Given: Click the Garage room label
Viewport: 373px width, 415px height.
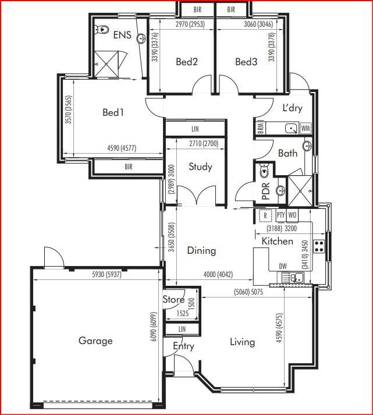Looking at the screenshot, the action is pyautogui.click(x=95, y=340).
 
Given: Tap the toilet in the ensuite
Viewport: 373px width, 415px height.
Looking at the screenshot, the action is pyautogui.click(x=101, y=29).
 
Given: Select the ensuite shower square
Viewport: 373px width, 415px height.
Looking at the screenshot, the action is pyautogui.click(x=106, y=64).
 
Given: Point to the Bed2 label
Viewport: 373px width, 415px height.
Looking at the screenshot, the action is pyautogui.click(x=187, y=62).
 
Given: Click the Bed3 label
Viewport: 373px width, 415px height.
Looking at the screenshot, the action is pyautogui.click(x=246, y=62).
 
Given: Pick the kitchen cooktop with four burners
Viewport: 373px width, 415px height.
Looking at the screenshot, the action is pyautogui.click(x=319, y=246).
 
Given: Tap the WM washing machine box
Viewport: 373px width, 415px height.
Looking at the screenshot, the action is pyautogui.click(x=305, y=129).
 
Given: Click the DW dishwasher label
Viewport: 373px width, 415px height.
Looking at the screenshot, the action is pyautogui.click(x=283, y=266).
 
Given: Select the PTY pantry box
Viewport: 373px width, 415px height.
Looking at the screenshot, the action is pyautogui.click(x=280, y=215).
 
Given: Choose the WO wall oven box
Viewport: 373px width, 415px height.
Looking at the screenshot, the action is pyautogui.click(x=292, y=215).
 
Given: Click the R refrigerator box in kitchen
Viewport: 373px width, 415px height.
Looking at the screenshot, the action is pyautogui.click(x=265, y=216).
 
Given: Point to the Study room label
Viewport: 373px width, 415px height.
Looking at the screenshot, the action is pyautogui.click(x=200, y=166).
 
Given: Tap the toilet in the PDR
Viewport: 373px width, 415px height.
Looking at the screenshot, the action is pyautogui.click(x=264, y=171).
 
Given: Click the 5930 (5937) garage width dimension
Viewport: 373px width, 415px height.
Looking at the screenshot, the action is pyautogui.click(x=106, y=275).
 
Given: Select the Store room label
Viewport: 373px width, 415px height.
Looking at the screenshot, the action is pyautogui.click(x=173, y=299).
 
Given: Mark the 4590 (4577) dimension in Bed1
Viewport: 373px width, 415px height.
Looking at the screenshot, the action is pyautogui.click(x=122, y=148).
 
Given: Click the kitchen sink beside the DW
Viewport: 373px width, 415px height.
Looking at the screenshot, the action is pyautogui.click(x=297, y=278).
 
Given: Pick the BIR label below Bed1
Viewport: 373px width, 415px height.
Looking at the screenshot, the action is pyautogui.click(x=129, y=167).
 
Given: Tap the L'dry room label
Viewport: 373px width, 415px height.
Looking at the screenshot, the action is pyautogui.click(x=292, y=108).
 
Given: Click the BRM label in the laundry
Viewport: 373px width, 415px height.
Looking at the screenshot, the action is pyautogui.click(x=260, y=129).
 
